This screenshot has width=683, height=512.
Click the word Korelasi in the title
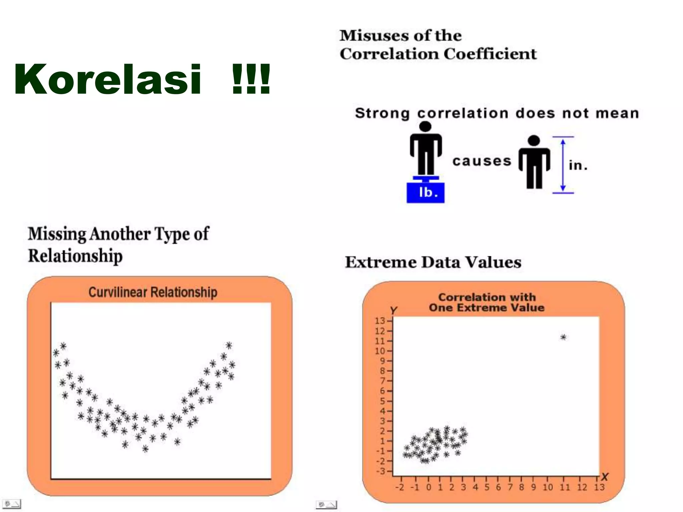point(107,79)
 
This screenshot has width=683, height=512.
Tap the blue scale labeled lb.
point(426,192)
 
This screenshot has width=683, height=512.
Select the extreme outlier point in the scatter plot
point(563,337)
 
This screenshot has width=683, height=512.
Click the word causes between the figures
point(482,161)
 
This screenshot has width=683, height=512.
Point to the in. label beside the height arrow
point(578,165)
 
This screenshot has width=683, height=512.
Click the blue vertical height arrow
point(563,165)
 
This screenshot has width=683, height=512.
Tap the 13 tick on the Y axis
point(380,321)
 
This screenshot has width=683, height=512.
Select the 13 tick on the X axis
point(599,487)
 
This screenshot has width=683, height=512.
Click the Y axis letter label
point(394,310)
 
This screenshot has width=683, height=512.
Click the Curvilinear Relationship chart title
point(153,292)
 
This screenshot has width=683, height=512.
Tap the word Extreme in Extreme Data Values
point(381,262)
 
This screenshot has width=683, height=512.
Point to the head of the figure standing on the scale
point(425,126)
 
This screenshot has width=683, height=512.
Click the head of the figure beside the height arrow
point(534,140)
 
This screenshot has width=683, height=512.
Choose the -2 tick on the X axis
point(400,487)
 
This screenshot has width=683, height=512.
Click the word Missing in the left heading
point(57,234)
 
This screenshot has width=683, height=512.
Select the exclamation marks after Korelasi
point(251,79)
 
